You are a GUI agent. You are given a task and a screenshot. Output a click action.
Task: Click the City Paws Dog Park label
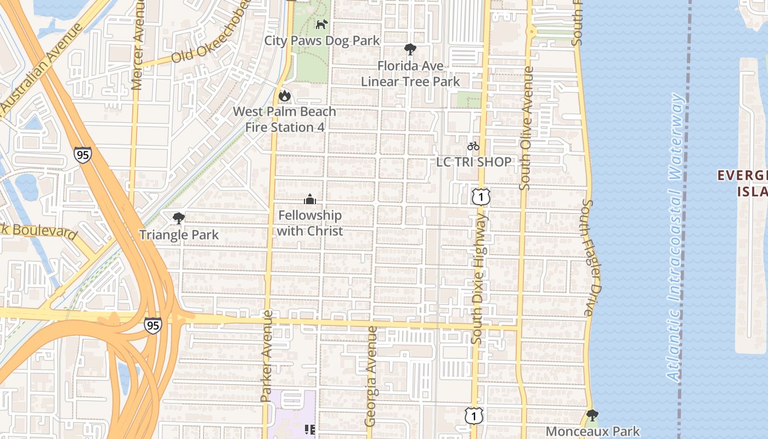322,41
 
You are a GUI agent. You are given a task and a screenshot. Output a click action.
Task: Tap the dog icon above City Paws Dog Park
321,25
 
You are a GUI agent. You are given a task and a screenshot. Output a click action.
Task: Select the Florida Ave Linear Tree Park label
410,74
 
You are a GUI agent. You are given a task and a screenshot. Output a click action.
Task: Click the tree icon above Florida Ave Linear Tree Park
410,49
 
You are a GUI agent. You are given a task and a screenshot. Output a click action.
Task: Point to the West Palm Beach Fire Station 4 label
284,119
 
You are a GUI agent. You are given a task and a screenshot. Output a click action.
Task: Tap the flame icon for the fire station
284,96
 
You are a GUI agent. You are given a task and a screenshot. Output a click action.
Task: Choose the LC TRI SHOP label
474,162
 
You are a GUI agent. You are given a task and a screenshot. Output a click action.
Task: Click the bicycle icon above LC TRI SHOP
473,146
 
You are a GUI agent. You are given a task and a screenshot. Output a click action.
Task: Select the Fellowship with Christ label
310,223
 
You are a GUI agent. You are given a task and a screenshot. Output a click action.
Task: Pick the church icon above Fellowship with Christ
310,199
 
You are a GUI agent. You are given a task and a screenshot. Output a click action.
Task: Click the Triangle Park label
179,235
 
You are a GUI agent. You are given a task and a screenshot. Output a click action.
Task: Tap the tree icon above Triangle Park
178,218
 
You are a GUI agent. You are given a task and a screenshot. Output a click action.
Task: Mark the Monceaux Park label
593,431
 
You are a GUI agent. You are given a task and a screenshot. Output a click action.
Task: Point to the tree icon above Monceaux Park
592,415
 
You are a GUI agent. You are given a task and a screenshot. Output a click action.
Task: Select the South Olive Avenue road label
527,128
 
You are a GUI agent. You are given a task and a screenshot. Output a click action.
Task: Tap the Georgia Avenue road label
371,376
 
